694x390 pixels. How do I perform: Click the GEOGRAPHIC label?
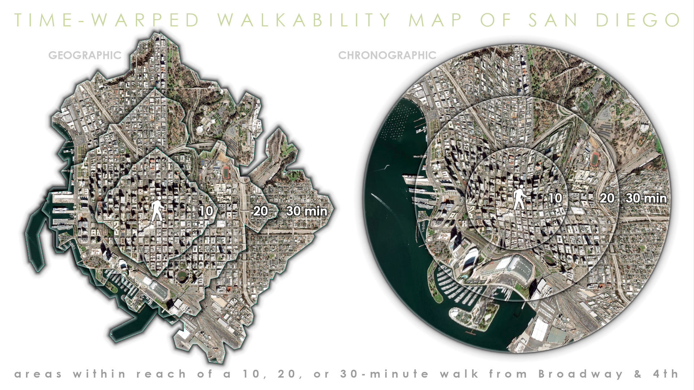[85, 55]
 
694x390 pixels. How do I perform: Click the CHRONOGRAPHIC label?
[387, 55]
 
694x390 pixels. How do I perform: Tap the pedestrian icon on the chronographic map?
[520, 198]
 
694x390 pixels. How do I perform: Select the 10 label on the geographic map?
[206, 211]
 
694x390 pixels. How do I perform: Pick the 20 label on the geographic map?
[260, 211]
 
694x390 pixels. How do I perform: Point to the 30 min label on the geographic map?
[307, 211]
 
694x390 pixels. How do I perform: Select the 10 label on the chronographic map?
[555, 198]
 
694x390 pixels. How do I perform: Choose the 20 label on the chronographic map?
[607, 198]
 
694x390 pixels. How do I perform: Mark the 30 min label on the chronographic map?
[646, 198]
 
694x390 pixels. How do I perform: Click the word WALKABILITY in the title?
[304, 20]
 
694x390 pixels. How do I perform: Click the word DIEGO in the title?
[638, 20]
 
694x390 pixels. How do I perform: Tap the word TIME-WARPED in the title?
[107, 20]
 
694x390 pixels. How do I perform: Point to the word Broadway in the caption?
[581, 374]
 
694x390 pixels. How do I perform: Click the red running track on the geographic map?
[226, 172]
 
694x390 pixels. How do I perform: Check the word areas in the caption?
[38, 374]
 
